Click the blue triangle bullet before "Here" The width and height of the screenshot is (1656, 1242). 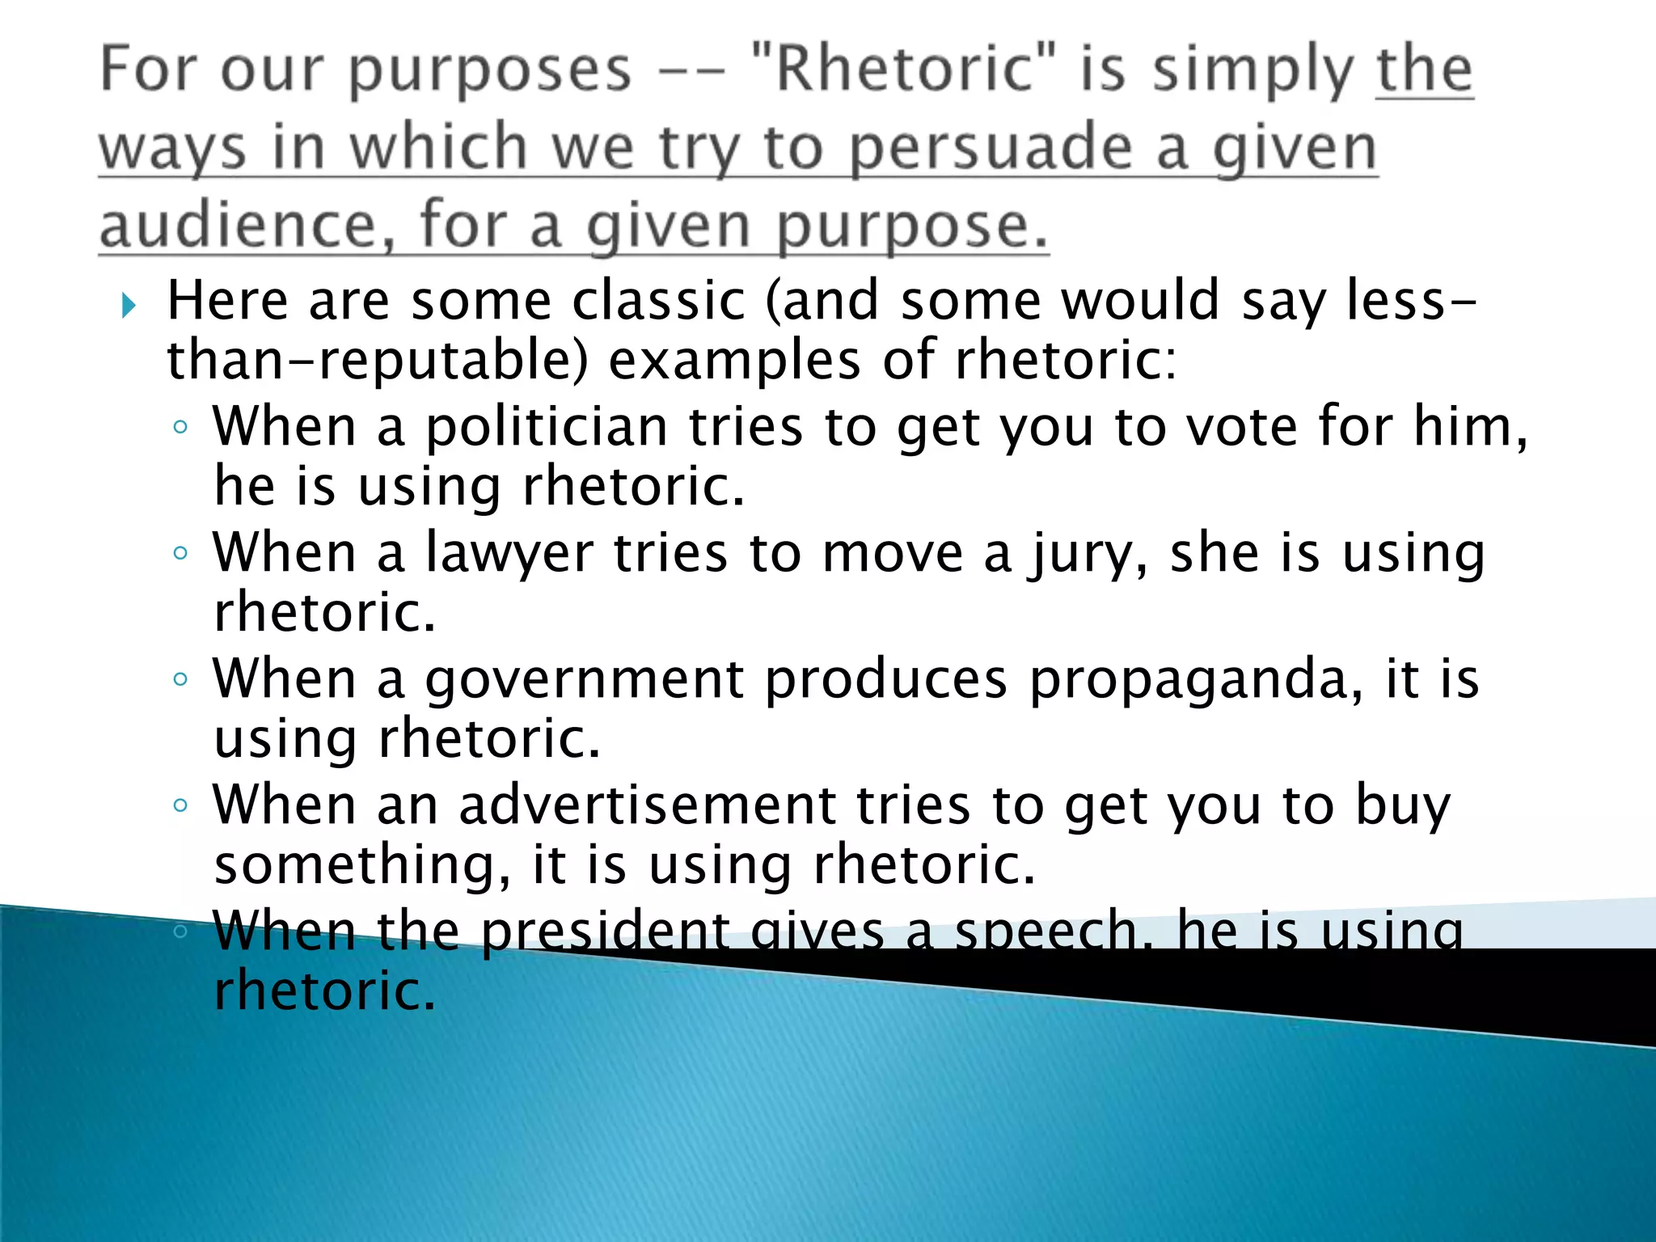[x=129, y=305]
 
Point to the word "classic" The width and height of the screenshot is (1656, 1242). [x=658, y=300]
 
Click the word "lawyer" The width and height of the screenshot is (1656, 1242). [x=509, y=555]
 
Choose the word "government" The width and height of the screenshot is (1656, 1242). [x=584, y=680]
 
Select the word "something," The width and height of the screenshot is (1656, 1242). [x=362, y=866]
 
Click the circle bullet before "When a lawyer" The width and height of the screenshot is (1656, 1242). [x=180, y=553]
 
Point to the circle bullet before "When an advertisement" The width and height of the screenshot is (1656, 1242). [x=180, y=805]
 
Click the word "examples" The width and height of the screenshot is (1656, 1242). [x=734, y=360]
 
